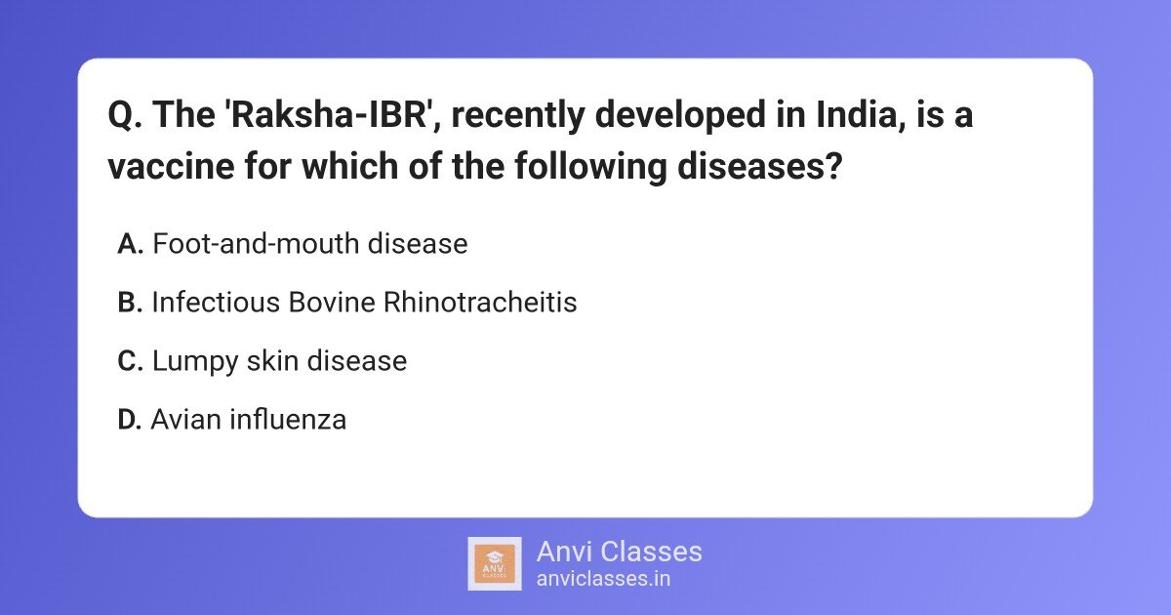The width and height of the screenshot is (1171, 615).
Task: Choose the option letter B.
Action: [x=130, y=303]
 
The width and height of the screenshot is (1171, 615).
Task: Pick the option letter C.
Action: [x=130, y=361]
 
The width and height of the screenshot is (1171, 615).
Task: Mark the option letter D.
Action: [x=130, y=420]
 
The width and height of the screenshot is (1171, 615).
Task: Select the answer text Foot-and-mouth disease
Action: [x=310, y=244]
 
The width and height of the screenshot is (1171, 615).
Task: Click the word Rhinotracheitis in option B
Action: [x=480, y=303]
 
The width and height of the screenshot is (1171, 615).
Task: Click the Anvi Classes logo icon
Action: [x=495, y=563]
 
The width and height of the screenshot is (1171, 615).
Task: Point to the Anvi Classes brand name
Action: [x=619, y=552]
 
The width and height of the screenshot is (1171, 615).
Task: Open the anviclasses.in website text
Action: [x=602, y=578]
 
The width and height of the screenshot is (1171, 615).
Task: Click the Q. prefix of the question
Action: [x=124, y=116]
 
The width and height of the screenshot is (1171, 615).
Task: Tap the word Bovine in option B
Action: [x=332, y=303]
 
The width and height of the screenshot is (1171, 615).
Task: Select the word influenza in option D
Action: [x=288, y=420]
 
